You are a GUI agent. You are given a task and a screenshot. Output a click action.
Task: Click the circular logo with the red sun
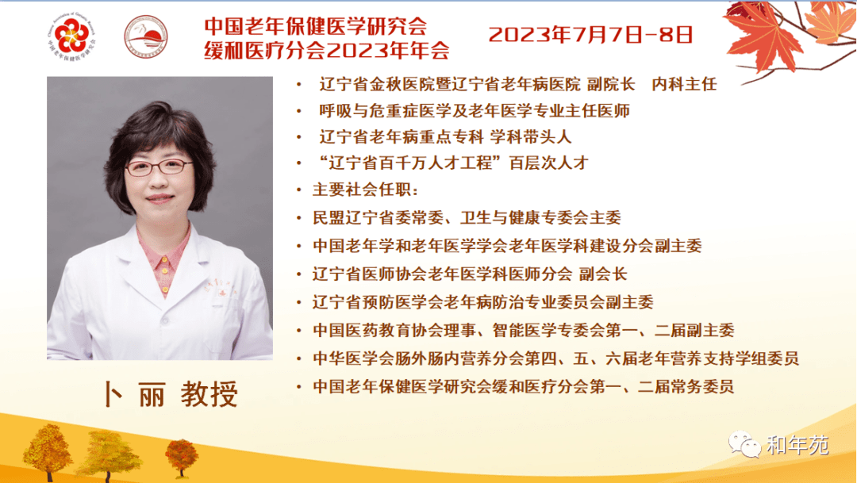coord(145,36)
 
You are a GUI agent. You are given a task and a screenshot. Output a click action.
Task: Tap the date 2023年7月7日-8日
coord(590,35)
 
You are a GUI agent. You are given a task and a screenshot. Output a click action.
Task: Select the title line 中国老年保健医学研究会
coord(315,25)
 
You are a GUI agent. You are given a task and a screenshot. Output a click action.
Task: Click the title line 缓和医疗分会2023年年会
coord(327,50)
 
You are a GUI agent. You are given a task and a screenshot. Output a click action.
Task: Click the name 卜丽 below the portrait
coord(135,394)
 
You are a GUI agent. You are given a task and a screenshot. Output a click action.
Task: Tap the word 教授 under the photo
coord(209,394)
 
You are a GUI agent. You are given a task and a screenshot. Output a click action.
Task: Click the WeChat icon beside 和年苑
coord(744,443)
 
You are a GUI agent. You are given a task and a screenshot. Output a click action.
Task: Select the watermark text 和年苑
coord(797,445)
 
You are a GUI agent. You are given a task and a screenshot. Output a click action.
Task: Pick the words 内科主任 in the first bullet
coord(684,84)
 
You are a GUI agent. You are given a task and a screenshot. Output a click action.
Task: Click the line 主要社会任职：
coord(365,190)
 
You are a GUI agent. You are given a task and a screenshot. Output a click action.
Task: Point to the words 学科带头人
coord(530,136)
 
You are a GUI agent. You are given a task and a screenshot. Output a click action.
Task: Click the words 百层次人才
coord(549,163)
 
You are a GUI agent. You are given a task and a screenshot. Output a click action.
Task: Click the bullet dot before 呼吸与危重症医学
coord(299,111)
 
